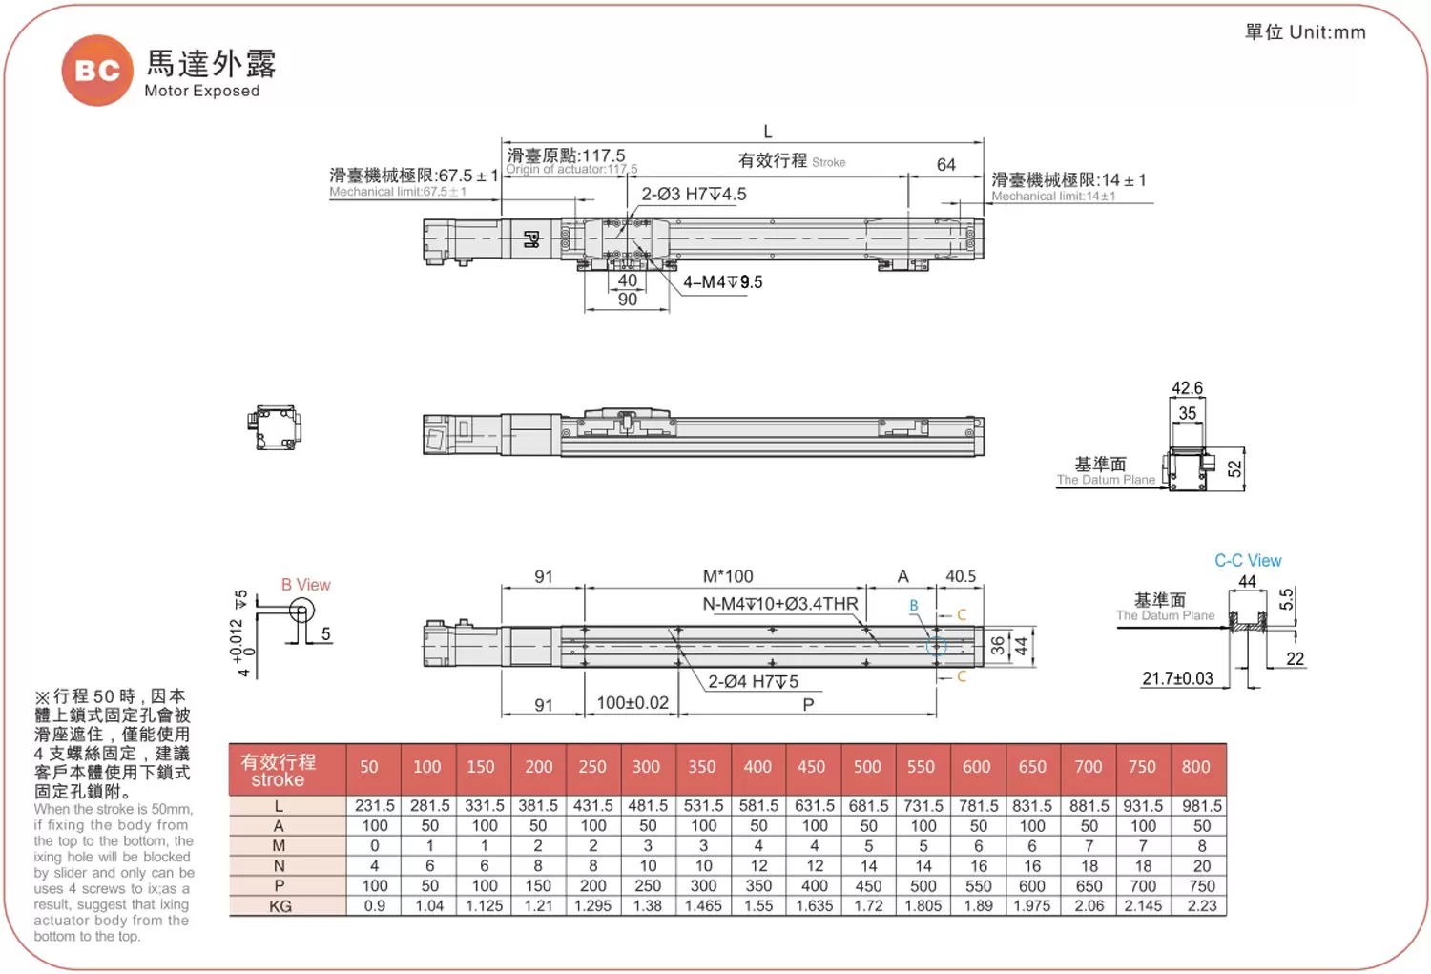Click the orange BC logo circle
click(x=97, y=71)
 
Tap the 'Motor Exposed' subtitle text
click(x=201, y=91)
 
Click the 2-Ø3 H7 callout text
click(x=694, y=195)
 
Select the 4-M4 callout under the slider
click(x=722, y=282)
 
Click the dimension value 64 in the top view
click(x=945, y=165)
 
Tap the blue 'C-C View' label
click(x=1247, y=561)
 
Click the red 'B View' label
click(x=305, y=585)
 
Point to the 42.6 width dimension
click(x=1187, y=388)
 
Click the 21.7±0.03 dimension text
click(x=1177, y=678)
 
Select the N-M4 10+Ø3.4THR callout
click(x=780, y=604)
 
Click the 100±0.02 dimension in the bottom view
click(x=633, y=703)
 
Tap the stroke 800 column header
click(x=1195, y=767)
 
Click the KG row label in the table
click(x=280, y=906)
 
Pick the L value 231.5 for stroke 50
click(x=374, y=806)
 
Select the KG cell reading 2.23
click(x=1201, y=906)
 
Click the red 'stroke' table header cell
click(x=278, y=770)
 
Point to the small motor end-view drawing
click(x=275, y=427)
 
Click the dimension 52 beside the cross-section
click(x=1234, y=468)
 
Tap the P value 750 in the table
click(x=1201, y=886)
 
